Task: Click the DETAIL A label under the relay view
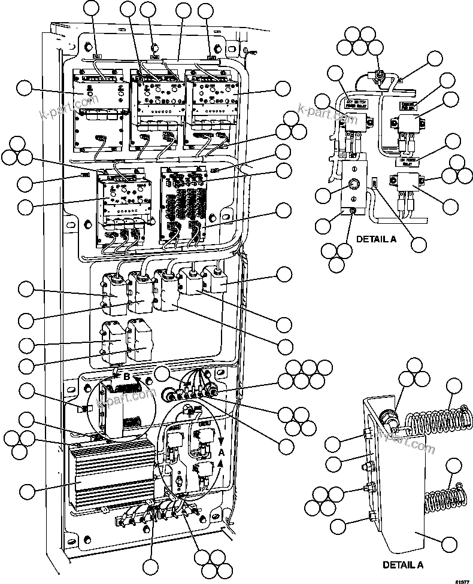pos(376,239)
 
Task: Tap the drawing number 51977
pos(461,579)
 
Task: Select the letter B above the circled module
pos(126,377)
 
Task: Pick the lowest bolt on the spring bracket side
pos(370,516)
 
